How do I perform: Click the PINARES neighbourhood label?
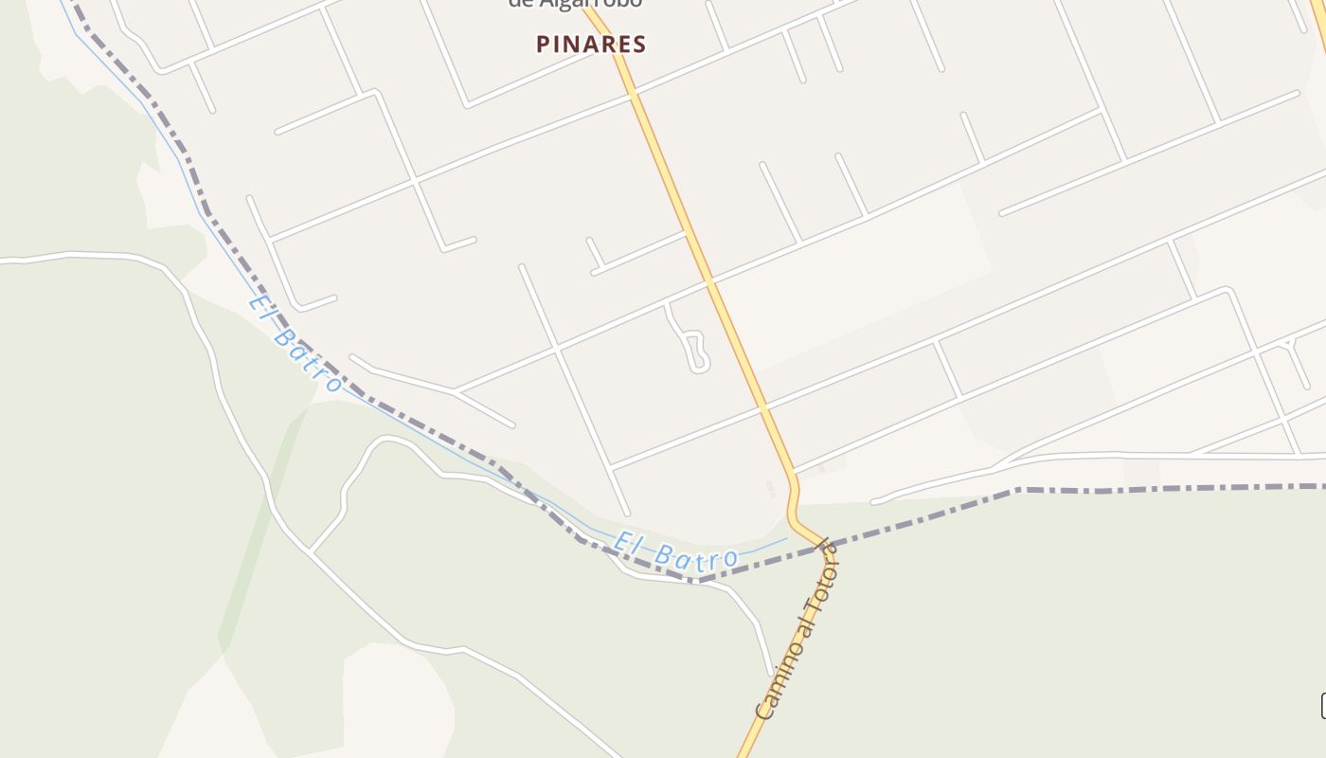(591, 44)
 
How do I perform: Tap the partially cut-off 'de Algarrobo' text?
(576, 4)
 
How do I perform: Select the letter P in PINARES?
(543, 44)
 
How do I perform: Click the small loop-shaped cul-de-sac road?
(696, 352)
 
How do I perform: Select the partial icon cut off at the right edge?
(1322, 706)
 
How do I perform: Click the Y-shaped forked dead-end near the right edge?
(1291, 345)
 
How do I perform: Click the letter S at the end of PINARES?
(639, 44)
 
